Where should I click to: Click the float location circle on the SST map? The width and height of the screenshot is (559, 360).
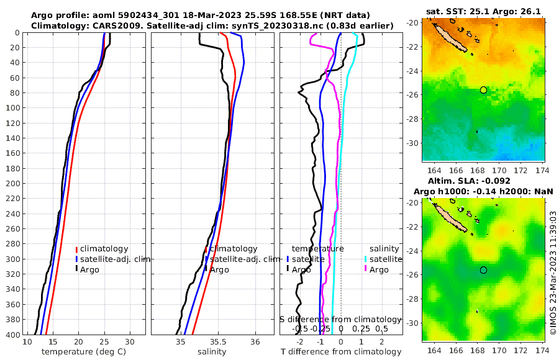pos(484,90)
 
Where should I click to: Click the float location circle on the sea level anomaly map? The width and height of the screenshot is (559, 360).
pos(484,270)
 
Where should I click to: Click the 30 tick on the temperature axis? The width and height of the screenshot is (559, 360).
pos(129,342)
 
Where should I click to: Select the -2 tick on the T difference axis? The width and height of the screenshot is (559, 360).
pos(300,342)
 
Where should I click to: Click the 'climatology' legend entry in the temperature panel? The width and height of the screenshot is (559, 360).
pos(104,249)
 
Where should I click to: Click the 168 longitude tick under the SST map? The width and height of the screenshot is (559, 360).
pos(477,170)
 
